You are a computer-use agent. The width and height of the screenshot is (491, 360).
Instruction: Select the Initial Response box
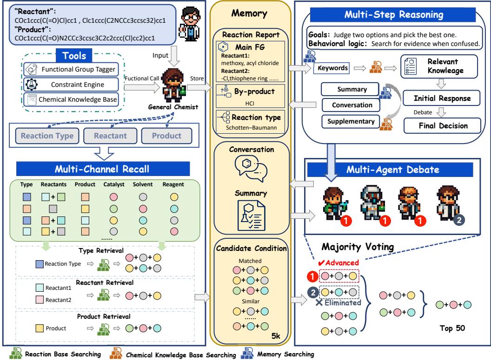439,98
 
